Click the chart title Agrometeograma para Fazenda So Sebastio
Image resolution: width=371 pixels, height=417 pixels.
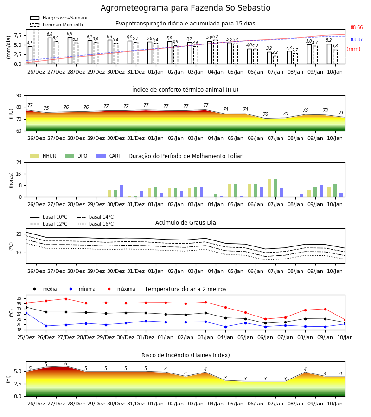click(x=185, y=8)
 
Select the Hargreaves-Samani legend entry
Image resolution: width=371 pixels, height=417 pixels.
click(x=58, y=18)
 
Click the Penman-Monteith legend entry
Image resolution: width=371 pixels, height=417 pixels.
click(x=57, y=25)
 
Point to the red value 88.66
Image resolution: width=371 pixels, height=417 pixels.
click(x=357, y=27)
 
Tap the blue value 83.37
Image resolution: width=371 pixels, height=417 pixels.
click(x=357, y=39)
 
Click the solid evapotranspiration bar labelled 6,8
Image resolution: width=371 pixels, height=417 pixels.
click(x=50, y=51)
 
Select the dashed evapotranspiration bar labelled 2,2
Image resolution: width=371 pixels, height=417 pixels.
click(x=275, y=60)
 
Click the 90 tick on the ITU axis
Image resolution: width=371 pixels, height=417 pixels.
click(x=19, y=96)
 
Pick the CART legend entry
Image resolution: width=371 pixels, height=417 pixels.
click(x=109, y=156)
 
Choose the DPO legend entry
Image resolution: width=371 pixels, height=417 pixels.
click(x=76, y=156)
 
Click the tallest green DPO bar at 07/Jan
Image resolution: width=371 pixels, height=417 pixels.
click(x=275, y=188)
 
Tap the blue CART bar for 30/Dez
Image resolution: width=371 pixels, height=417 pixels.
click(x=122, y=191)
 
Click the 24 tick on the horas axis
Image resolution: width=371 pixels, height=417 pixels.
click(x=19, y=162)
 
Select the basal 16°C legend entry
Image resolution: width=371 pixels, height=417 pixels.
click(x=95, y=224)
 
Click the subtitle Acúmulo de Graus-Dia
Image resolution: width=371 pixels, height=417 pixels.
click(x=185, y=223)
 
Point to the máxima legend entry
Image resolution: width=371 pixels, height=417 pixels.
click(x=120, y=289)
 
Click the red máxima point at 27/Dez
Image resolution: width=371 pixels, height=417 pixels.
click(x=66, y=299)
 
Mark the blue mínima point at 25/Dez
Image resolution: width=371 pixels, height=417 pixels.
click(x=26, y=313)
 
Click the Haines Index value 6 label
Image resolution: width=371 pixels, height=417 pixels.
click(x=66, y=364)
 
